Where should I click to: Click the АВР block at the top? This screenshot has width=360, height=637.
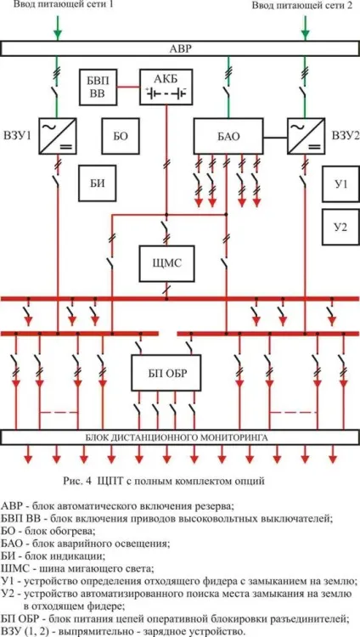click(180, 49)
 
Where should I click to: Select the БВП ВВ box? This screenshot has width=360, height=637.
click(98, 87)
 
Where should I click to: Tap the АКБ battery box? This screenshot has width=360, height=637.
click(166, 87)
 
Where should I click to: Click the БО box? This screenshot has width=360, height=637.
click(121, 136)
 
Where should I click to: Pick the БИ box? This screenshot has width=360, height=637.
click(98, 183)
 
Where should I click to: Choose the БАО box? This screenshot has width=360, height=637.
click(228, 136)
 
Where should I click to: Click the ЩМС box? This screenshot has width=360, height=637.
click(166, 263)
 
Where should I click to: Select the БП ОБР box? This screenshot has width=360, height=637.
click(166, 373)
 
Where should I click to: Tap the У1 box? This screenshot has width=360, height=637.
click(341, 183)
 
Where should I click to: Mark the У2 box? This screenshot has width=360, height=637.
click(341, 227)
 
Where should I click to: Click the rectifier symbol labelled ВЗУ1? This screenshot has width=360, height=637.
click(58, 136)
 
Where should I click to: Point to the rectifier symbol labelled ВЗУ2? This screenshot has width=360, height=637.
click(306, 136)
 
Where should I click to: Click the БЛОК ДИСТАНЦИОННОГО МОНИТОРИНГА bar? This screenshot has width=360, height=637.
click(180, 437)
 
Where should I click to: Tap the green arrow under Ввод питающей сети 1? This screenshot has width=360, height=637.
click(58, 28)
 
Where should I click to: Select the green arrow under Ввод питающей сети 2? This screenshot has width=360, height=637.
click(305, 28)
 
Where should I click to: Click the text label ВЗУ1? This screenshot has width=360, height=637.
click(18, 136)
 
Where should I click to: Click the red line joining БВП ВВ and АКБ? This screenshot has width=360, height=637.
click(129, 87)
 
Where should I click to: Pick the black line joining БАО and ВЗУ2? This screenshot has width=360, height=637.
click(275, 138)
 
